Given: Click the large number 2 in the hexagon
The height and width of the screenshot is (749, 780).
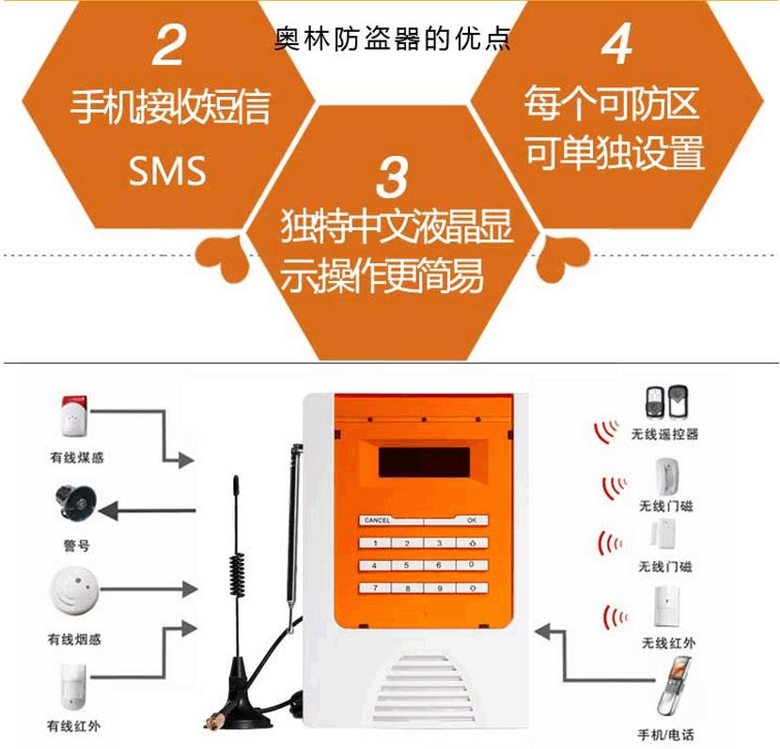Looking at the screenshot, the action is coord(169,45).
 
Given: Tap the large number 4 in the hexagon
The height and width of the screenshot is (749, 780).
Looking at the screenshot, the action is coord(616,44).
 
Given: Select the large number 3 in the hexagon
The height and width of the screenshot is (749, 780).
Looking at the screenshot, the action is coord(393,178).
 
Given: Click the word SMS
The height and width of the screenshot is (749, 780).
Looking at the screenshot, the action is coord(167,171).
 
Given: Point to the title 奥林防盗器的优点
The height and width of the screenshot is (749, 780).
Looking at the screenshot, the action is coord(393,39).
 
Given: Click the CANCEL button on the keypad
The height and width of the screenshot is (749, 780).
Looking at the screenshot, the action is coord(391,521).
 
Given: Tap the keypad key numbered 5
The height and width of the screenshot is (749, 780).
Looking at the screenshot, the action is coord(407,565).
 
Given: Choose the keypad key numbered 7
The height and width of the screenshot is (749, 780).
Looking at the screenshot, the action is coord(375,587).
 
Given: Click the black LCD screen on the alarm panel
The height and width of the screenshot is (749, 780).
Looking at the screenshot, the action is coord(424,462).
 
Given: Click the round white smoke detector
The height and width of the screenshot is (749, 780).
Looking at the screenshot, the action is coord(74,590).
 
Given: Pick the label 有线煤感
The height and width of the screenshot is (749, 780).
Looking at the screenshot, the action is coord(77,457).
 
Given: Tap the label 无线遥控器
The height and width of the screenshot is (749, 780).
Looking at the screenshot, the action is coord(664,434).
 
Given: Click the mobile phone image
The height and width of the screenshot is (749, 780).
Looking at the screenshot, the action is coord(674,686).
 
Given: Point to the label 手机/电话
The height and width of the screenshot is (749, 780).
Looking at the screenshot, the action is coord(665,734).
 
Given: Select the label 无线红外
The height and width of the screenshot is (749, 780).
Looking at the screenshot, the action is coord(668,643).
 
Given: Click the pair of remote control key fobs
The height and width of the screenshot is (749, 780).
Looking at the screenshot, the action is coord(666,402).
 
